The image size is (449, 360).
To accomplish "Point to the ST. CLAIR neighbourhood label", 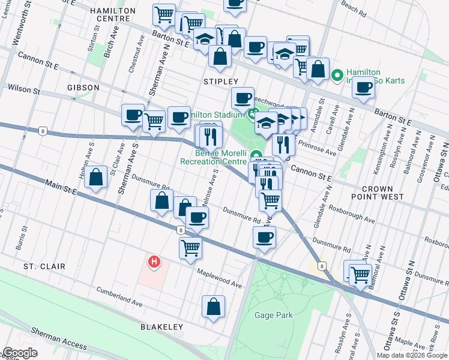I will pos(44,266).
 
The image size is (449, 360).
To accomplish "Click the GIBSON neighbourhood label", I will pos(83,88).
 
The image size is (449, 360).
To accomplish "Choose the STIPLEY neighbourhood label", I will pos(221,82).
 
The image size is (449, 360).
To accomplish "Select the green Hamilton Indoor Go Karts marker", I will pos(337,76).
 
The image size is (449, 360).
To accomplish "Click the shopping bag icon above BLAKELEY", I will pos(213,307).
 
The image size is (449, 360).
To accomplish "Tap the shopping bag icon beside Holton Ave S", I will pos(95,178).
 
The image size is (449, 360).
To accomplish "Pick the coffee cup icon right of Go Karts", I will pos(363,88).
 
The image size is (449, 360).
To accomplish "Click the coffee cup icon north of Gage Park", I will pos(263,238).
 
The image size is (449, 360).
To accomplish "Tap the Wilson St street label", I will pos(24,91).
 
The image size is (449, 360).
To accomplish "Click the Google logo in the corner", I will pos(20,353).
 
